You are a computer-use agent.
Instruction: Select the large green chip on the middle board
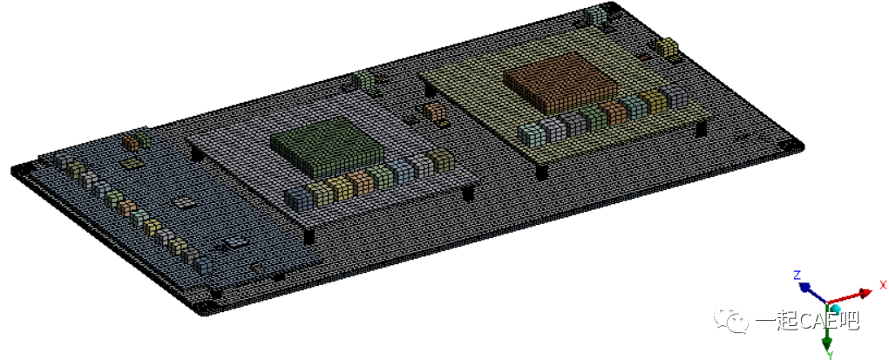click(x=327, y=148)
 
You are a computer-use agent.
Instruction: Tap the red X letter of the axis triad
click(x=882, y=285)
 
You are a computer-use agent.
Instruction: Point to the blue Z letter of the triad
click(x=797, y=275)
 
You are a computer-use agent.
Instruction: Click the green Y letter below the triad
click(x=831, y=354)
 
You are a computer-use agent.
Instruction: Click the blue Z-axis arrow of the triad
click(x=811, y=287)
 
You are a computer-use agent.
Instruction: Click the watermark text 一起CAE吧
click(x=806, y=321)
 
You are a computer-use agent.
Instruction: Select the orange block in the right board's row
click(x=614, y=111)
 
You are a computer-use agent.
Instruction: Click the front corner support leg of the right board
click(x=541, y=171)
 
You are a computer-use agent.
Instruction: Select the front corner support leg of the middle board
click(x=309, y=236)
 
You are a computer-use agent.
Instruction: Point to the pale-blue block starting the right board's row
click(x=529, y=133)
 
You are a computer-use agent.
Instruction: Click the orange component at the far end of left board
click(x=131, y=139)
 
